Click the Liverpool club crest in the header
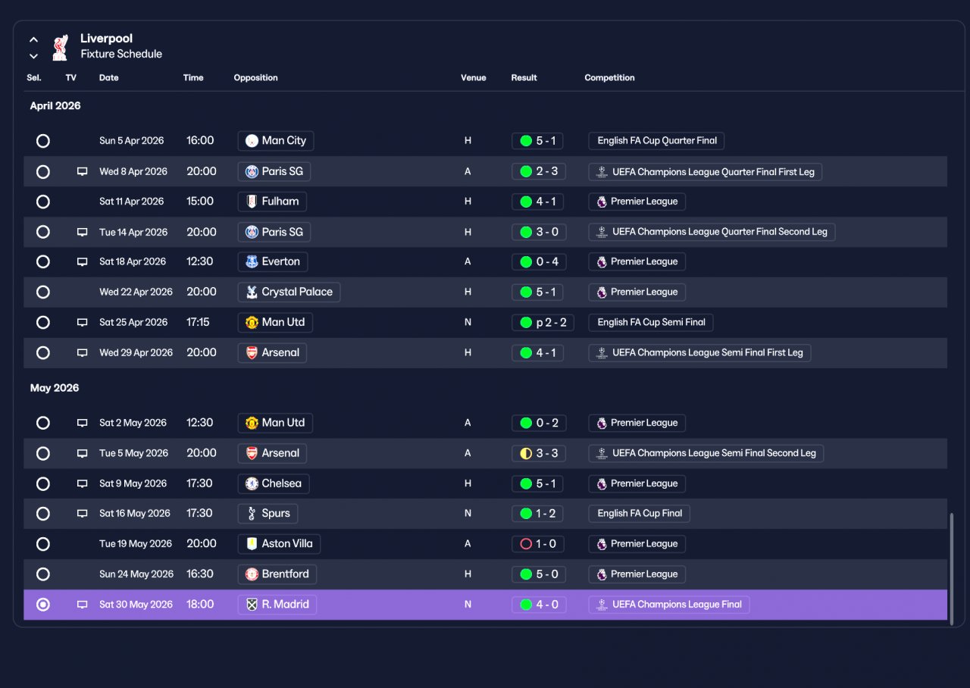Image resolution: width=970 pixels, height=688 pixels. tap(60, 47)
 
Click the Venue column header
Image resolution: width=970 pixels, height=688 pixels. tap(474, 78)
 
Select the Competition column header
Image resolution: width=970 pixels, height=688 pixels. tap(609, 78)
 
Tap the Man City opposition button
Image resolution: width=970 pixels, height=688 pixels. tap(276, 141)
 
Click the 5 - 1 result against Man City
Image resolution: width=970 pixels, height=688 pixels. tap(537, 141)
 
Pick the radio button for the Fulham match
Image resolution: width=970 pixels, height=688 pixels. tap(43, 202)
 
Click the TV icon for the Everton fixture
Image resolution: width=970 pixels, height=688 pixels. tap(83, 262)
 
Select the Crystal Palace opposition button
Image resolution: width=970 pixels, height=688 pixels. tap(289, 292)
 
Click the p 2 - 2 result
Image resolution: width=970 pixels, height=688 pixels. tap(543, 323)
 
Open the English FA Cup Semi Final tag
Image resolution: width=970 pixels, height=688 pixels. tap(651, 323)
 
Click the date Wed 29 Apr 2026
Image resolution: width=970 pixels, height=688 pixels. tap(136, 353)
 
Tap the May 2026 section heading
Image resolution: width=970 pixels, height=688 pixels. tap(55, 388)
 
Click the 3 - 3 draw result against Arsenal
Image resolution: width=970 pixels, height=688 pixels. tap(539, 453)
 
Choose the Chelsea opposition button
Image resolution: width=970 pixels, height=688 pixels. tap(274, 483)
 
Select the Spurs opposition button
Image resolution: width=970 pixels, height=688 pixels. tap(268, 514)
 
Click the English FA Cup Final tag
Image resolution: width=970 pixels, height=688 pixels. tap(639, 514)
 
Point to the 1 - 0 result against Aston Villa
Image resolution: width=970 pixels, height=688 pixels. tap(538, 544)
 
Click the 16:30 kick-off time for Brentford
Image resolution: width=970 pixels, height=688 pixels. tap(199, 574)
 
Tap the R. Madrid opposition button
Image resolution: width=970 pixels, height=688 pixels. tap(277, 605)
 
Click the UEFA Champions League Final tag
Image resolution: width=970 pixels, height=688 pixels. tap(669, 605)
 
